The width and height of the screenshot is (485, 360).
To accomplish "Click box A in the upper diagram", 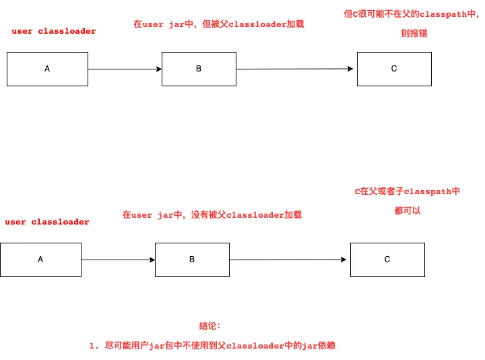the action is [x=47, y=69].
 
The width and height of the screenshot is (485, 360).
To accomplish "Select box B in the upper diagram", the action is [x=199, y=69].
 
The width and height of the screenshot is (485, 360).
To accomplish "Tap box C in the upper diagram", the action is [x=394, y=69].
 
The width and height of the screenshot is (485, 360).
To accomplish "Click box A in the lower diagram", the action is [x=41, y=260].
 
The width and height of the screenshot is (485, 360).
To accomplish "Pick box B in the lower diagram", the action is [x=192, y=260].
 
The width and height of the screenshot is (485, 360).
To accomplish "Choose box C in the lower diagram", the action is [x=387, y=260].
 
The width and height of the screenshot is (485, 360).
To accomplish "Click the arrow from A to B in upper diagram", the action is [x=125, y=69].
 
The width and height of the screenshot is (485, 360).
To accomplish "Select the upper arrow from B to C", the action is [x=295, y=69].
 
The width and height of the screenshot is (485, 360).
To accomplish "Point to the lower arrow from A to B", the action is [x=118, y=260].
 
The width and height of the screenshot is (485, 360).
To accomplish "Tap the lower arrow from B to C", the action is [x=288, y=260].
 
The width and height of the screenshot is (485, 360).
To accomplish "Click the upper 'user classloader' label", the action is [x=54, y=31].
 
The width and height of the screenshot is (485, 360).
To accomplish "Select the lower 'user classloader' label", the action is [x=47, y=222].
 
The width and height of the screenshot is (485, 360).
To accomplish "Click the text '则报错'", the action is [x=414, y=33].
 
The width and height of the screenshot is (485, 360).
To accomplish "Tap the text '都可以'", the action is [x=408, y=211].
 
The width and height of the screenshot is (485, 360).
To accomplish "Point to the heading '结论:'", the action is [x=209, y=326].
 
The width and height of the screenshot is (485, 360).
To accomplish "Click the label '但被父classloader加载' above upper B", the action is [x=253, y=24].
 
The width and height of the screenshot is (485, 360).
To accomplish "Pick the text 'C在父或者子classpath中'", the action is [x=408, y=191].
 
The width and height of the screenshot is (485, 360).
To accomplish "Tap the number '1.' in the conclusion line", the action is [x=94, y=346].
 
